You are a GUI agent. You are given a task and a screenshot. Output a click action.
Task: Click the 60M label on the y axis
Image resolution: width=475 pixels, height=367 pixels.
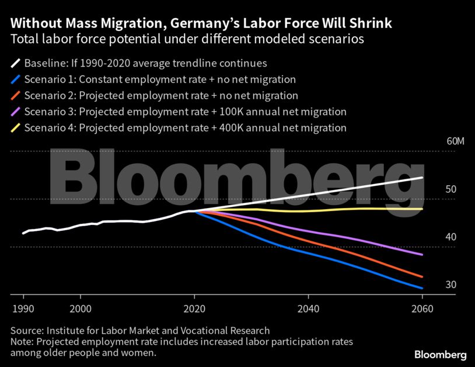455,142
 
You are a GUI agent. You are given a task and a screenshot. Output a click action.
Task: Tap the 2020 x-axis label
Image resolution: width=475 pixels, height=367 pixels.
194,308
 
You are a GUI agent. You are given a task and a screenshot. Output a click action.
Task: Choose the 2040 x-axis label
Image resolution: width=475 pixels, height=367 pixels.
308,308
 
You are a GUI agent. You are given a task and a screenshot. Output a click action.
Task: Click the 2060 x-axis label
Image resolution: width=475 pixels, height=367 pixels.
422,308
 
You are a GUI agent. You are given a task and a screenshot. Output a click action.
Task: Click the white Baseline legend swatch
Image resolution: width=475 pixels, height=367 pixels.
15,63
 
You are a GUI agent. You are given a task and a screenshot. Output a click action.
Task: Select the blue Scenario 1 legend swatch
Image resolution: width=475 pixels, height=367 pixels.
15,79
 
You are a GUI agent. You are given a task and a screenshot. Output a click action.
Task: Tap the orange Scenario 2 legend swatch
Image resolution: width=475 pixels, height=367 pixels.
15,95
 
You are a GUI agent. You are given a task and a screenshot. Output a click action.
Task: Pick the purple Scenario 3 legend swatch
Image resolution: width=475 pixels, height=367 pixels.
15,112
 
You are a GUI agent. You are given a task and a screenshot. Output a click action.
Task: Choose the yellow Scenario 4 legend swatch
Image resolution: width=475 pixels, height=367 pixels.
15,127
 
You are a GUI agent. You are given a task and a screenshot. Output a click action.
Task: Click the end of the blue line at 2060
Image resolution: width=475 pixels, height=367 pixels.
421,288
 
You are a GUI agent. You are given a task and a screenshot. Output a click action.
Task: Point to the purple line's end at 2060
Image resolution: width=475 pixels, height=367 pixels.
421,255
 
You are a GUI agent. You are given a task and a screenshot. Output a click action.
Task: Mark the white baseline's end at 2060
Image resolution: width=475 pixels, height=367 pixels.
421,178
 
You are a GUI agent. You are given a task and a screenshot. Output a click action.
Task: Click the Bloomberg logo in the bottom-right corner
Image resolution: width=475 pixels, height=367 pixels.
440,355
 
